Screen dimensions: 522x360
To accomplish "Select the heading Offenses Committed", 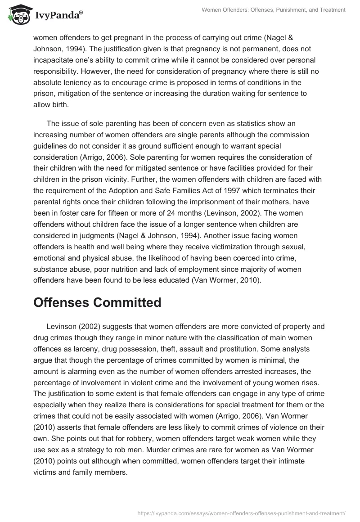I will (x=97, y=302).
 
